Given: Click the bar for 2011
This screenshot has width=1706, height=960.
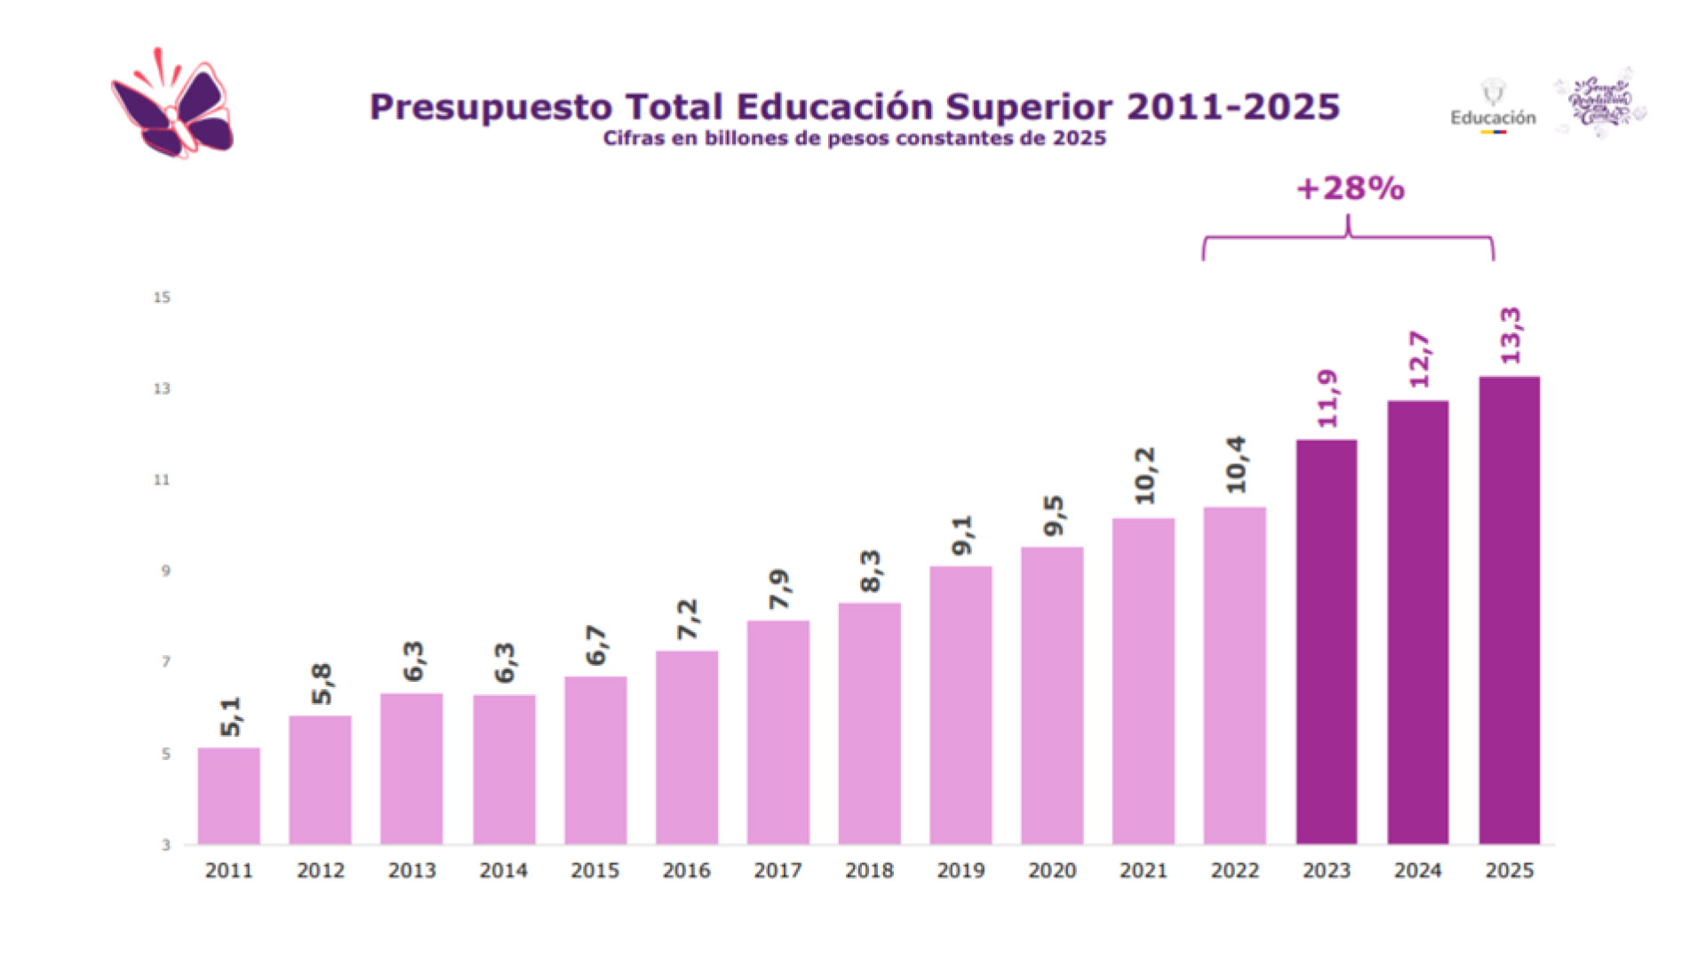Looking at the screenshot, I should tap(228, 796).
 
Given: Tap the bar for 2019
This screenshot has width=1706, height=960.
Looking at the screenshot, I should tap(961, 705).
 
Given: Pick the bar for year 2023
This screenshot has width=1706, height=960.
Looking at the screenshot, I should tap(1326, 642).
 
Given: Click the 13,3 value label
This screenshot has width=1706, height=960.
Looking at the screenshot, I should tap(1510, 335).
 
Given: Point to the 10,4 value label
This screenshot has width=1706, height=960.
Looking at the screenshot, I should tap(1235, 464).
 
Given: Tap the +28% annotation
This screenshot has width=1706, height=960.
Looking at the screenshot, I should tap(1350, 188).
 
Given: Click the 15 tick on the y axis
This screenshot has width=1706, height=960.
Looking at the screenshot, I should tap(162, 297).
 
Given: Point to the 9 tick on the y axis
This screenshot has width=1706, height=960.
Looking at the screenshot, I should tap(165, 571).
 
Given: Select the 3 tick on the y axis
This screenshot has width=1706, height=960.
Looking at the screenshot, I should tap(165, 844).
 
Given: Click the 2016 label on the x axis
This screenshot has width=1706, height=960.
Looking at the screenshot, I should tap(686, 871).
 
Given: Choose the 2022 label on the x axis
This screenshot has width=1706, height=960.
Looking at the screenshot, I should tap(1234, 871).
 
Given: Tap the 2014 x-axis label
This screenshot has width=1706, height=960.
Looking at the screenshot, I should tap(503, 871).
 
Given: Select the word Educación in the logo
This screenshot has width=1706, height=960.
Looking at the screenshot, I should tap(1493, 117).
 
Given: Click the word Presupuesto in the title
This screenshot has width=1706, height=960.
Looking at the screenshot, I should tap(490, 107).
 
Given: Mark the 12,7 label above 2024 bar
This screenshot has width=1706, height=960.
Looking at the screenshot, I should tap(1419, 359).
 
